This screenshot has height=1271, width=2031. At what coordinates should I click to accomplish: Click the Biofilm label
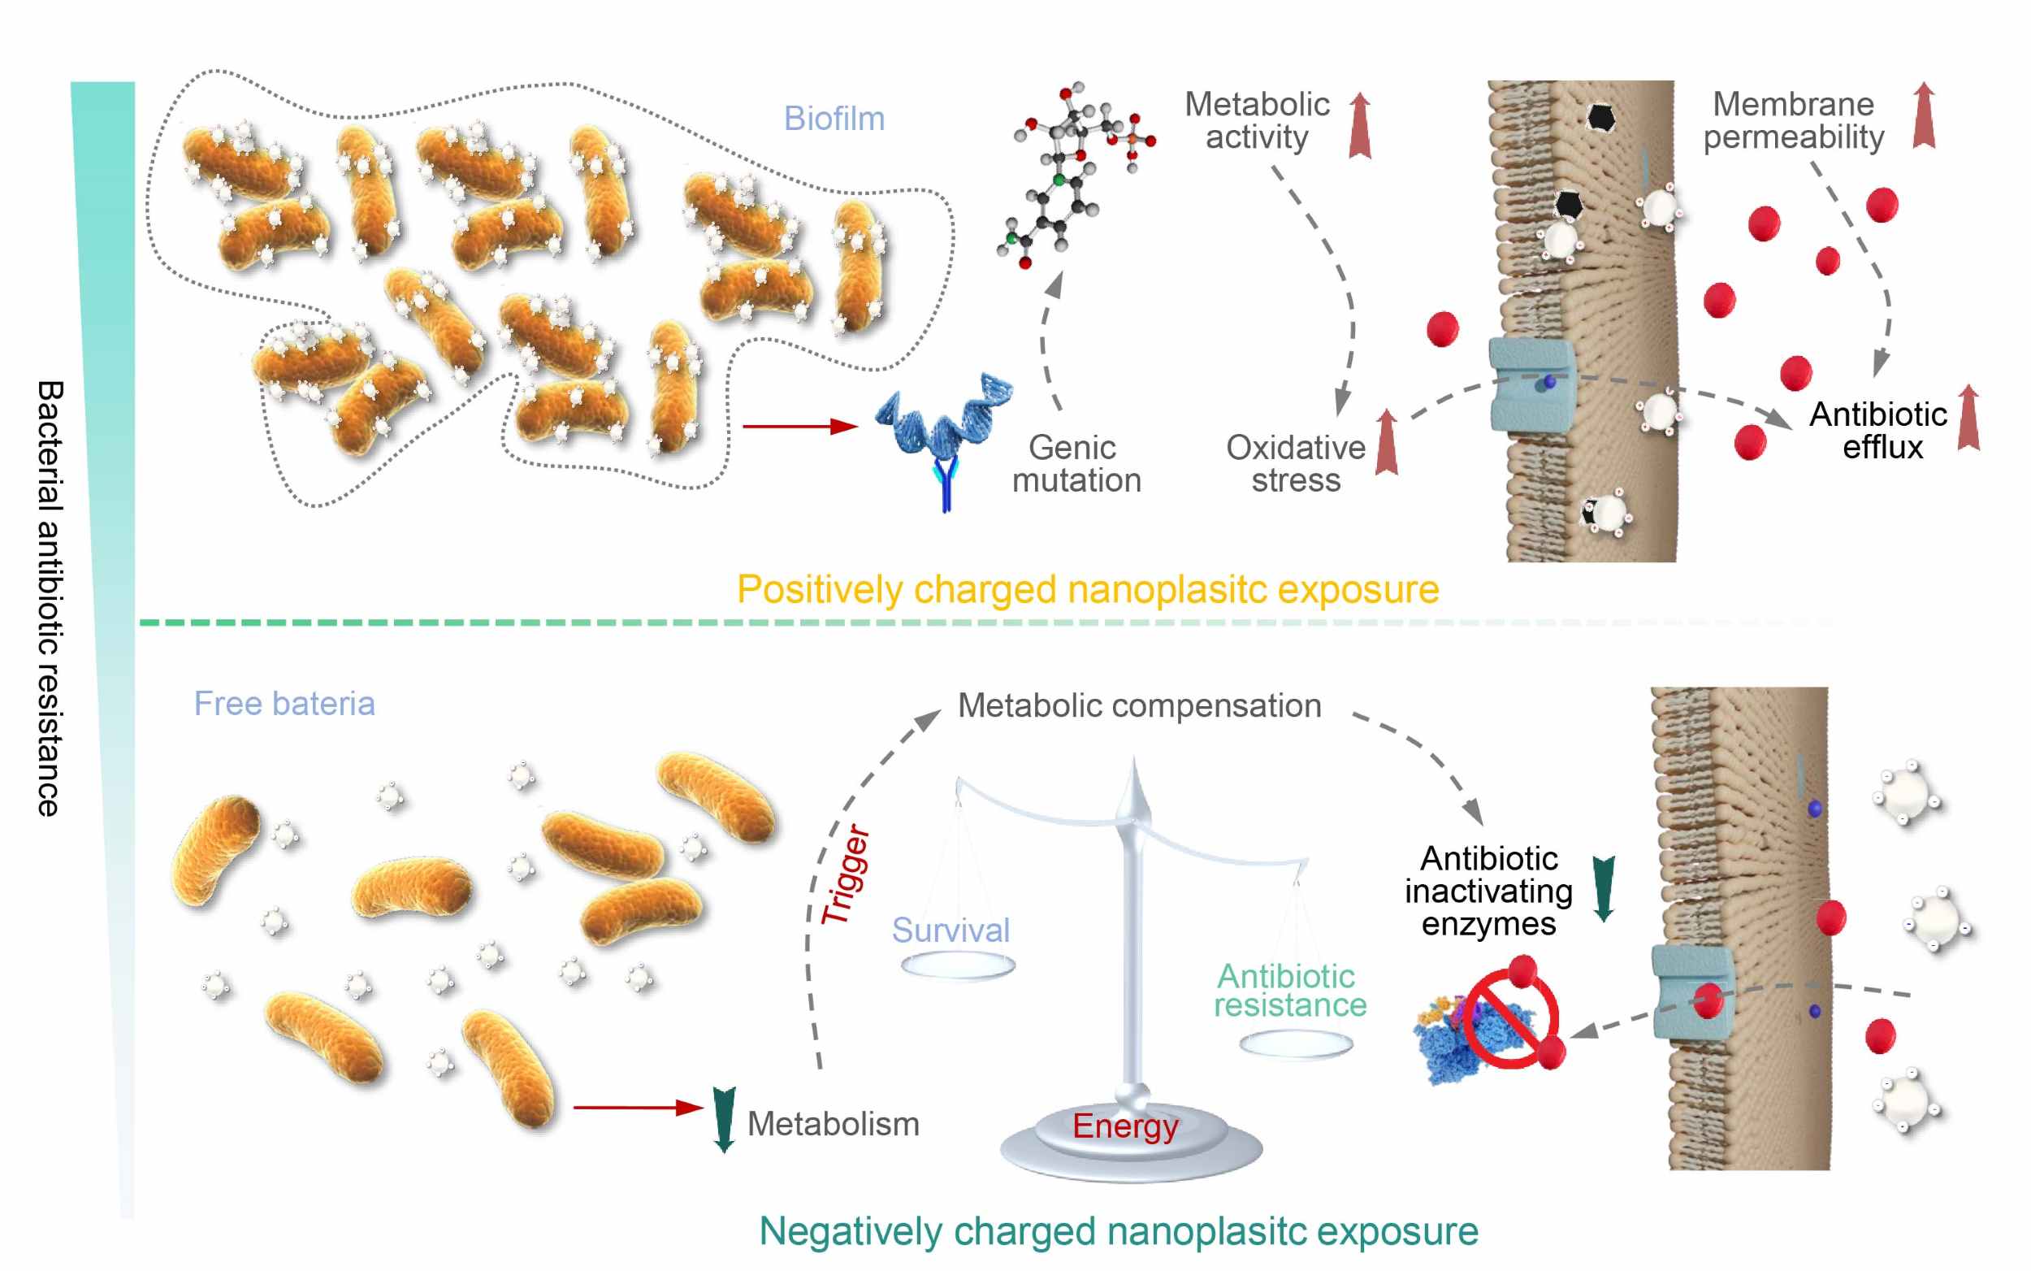[x=834, y=119]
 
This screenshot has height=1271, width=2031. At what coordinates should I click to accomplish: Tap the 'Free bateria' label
[x=284, y=704]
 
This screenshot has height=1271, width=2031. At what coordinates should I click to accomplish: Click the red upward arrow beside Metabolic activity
[x=1360, y=126]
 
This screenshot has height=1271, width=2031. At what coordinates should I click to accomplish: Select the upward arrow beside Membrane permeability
[x=1924, y=115]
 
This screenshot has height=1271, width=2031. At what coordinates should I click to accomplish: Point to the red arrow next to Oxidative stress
[x=1387, y=442]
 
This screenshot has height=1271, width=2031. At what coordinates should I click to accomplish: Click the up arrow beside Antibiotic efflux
[x=1968, y=418]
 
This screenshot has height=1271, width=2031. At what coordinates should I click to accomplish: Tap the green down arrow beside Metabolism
[x=724, y=1120]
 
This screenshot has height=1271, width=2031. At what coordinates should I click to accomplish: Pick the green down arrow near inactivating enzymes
[x=1604, y=889]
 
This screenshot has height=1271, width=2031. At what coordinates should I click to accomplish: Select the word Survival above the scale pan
[x=951, y=930]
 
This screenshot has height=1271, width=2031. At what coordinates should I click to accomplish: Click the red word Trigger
[x=845, y=874]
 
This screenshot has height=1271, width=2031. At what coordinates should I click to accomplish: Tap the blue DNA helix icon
[x=944, y=439]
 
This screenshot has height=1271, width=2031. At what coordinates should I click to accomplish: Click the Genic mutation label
[x=1076, y=464]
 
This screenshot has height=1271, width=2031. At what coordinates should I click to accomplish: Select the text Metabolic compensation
[x=1140, y=706]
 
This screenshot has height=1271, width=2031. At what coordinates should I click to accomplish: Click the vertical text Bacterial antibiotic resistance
[x=49, y=598]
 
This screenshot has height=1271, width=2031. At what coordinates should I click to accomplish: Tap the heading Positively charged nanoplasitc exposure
[x=1087, y=589]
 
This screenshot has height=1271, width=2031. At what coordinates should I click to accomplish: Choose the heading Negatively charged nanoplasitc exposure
[x=1119, y=1231]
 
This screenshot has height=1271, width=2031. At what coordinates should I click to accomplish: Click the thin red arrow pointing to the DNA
[x=800, y=426]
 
